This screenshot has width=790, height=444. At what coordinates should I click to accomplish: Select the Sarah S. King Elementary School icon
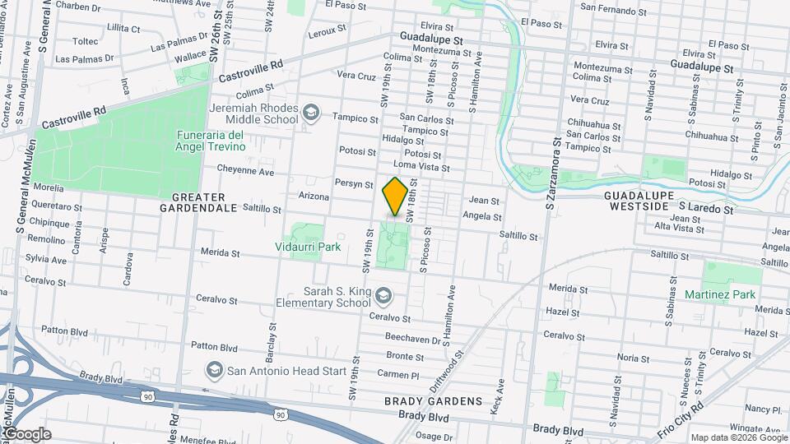click(x=383, y=295)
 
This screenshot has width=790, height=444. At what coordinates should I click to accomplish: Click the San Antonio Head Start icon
click(x=215, y=370)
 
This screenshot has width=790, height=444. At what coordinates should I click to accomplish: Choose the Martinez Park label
click(x=719, y=294)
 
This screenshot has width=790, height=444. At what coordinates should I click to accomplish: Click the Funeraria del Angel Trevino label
click(x=210, y=141)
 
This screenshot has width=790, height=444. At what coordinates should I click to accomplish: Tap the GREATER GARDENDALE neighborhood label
click(x=198, y=202)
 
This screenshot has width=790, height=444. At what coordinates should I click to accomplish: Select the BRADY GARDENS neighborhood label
click(x=433, y=401)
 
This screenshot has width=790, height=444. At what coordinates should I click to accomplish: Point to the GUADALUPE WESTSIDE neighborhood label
click(x=640, y=201)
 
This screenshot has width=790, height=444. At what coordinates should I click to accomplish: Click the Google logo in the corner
click(x=27, y=433)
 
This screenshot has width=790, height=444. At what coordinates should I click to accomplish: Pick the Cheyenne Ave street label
click(x=245, y=172)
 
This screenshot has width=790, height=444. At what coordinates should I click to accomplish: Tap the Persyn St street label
click(x=355, y=183)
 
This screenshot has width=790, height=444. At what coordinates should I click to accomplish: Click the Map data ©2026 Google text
click(x=738, y=437)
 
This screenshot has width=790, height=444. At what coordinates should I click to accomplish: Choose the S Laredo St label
click(x=706, y=210)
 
